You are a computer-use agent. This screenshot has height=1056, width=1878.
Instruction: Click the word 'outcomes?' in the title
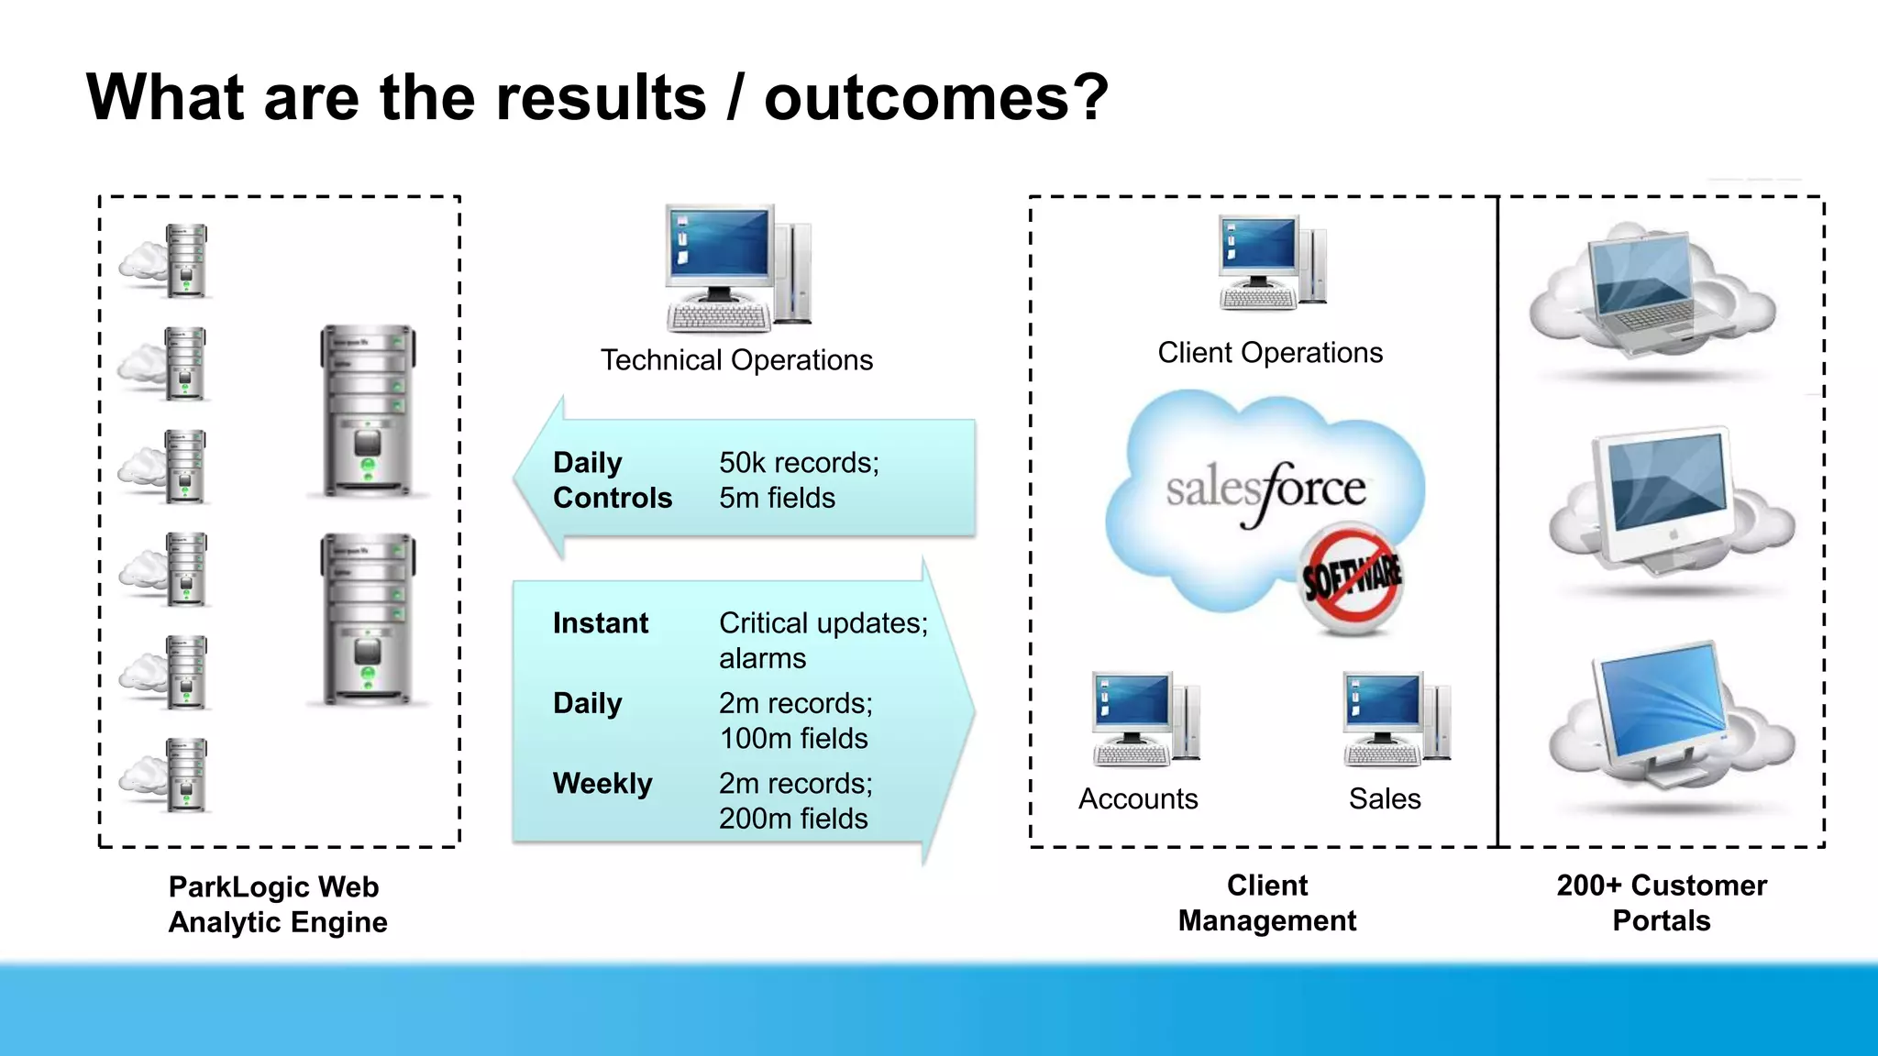(935, 97)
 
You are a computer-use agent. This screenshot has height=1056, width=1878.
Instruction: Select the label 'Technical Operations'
(736, 360)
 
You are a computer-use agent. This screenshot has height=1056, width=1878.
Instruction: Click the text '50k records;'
(799, 463)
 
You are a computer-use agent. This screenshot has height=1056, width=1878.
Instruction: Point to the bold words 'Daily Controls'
(612, 480)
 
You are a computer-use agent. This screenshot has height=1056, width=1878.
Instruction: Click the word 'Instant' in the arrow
(600, 623)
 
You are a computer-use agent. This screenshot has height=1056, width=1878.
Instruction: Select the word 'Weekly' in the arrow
(602, 784)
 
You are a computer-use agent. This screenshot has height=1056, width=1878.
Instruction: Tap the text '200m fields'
(792, 819)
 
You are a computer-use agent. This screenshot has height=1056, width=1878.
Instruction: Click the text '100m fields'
(793, 739)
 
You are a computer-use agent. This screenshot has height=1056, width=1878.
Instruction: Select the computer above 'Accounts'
(1145, 720)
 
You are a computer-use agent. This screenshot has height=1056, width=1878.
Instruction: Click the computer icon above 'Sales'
(1396, 720)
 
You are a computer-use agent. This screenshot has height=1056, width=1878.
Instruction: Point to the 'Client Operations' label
(1270, 353)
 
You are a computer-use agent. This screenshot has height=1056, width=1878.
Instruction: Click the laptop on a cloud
(1651, 293)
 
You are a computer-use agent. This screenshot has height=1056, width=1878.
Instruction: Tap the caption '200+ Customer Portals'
(1662, 903)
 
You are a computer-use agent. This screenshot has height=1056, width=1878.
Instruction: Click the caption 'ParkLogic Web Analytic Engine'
(277, 905)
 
